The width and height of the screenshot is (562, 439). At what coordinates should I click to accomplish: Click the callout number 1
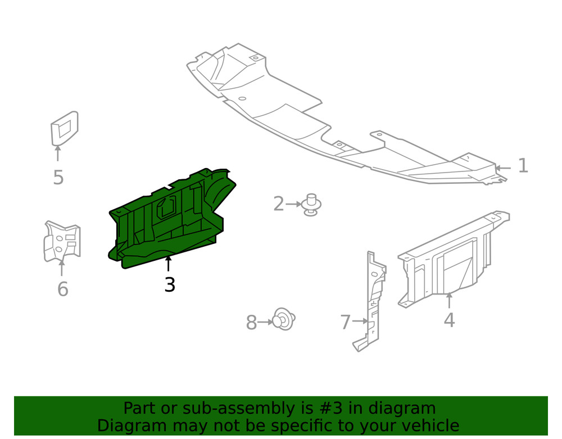pyautogui.click(x=523, y=166)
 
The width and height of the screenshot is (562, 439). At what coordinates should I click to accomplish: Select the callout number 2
pyautogui.click(x=279, y=204)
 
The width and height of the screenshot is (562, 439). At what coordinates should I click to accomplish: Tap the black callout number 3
pyautogui.click(x=170, y=285)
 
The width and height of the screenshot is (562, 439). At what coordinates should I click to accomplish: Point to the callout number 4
pyautogui.click(x=448, y=320)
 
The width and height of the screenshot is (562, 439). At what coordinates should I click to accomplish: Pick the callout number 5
pyautogui.click(x=58, y=178)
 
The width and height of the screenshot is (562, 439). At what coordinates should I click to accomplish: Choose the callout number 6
pyautogui.click(x=62, y=289)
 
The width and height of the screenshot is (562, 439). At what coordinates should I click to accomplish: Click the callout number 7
pyautogui.click(x=346, y=323)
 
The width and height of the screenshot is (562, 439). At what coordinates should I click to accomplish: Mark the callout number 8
pyautogui.click(x=251, y=323)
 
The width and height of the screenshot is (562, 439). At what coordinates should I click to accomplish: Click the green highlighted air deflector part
pyautogui.click(x=169, y=225)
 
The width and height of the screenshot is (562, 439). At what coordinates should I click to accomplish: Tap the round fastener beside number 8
pyautogui.click(x=284, y=320)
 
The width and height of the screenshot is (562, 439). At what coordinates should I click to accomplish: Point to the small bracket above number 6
pyautogui.click(x=62, y=242)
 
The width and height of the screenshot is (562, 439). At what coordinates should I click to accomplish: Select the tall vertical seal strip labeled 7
pyautogui.click(x=372, y=301)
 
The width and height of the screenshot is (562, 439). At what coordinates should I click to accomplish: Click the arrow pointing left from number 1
pyautogui.click(x=502, y=168)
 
